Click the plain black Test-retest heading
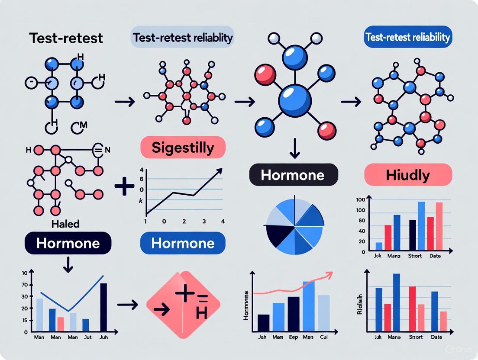click(x=67, y=38)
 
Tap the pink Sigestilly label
click(x=183, y=148)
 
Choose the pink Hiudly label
click(x=408, y=175)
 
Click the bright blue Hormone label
click(x=182, y=243)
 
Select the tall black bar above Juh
click(x=103, y=307)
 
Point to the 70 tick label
click(x=24, y=285)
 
